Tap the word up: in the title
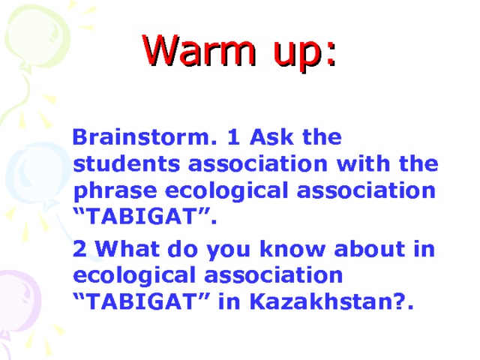[301, 54]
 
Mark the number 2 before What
[80, 249]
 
